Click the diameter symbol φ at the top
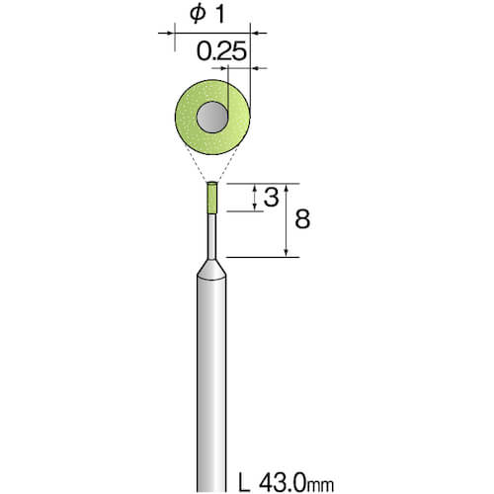point(198,15)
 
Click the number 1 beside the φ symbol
point(219,15)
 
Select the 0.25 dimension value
point(221,51)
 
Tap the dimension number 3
point(271,198)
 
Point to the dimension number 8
point(302,219)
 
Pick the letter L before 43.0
point(244,483)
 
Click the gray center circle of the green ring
point(212,117)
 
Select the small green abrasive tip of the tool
point(211,198)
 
